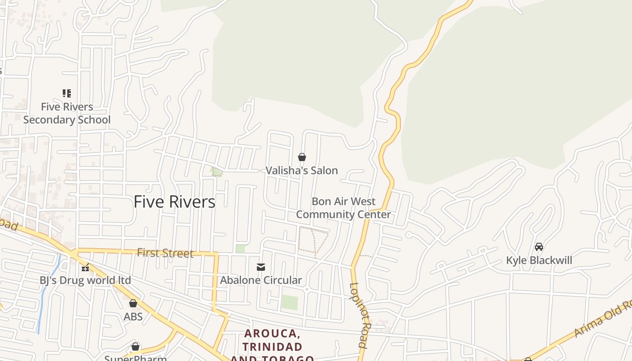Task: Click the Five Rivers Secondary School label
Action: (67, 113)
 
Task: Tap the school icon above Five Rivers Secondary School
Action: (67, 93)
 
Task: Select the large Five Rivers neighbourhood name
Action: (174, 202)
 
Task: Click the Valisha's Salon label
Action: (302, 171)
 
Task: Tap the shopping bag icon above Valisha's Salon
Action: (302, 157)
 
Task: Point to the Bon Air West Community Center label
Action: (344, 208)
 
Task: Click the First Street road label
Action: (165, 253)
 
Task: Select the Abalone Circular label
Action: (261, 280)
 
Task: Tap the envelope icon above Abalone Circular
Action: (261, 267)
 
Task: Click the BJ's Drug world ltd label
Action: (85, 280)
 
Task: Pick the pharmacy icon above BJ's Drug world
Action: (85, 267)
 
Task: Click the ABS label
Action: (133, 316)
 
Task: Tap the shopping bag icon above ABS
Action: (133, 303)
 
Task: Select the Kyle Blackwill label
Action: (539, 260)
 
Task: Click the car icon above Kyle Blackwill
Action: (539, 247)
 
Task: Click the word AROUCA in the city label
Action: (272, 334)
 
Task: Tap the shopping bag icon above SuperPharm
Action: (135, 347)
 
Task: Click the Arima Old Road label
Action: (603, 319)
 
